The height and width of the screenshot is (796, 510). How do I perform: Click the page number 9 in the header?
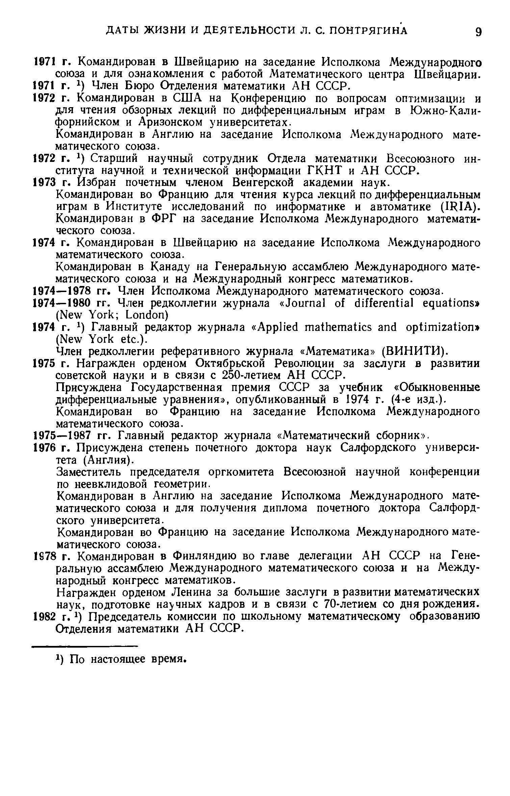click(478, 32)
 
